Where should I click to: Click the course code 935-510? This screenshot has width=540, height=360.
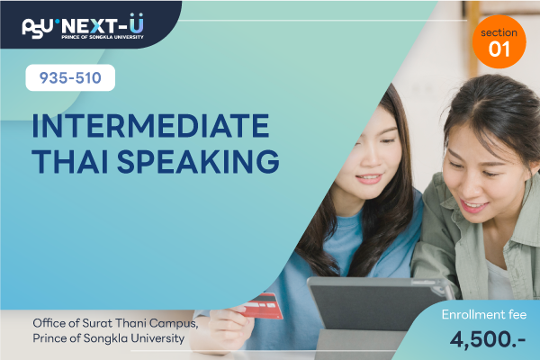[70, 78]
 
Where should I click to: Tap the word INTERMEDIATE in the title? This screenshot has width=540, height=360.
[150, 126]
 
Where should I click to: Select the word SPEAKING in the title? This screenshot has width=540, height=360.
[198, 161]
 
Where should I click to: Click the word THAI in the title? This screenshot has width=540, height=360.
[70, 161]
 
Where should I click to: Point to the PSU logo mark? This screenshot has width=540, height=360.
[38, 28]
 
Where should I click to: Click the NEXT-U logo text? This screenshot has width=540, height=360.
[103, 24]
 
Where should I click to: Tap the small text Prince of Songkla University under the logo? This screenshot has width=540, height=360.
[103, 37]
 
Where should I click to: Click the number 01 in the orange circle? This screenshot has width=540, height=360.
[499, 49]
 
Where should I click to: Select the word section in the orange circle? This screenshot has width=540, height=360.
[499, 32]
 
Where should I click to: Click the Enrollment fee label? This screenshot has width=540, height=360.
[484, 314]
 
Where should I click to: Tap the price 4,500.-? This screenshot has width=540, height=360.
[488, 339]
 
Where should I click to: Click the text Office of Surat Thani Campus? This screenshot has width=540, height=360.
[115, 323]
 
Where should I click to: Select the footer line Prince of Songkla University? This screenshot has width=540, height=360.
[109, 338]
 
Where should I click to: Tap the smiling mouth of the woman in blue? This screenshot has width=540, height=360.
[368, 178]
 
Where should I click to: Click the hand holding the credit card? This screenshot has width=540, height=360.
[229, 328]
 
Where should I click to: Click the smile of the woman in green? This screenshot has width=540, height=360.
[473, 206]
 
